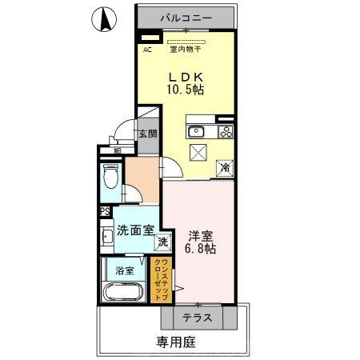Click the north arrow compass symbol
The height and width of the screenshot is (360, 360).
[104, 19]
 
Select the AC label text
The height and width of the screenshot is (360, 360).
[147, 50]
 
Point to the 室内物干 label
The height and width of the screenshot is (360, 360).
[186, 50]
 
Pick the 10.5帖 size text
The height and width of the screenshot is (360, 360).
[186, 90]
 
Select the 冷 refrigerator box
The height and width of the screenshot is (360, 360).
[226, 168]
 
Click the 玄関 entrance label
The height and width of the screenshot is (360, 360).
[147, 134]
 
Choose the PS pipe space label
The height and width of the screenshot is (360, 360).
[105, 211]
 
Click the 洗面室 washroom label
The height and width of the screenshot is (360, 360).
[135, 230]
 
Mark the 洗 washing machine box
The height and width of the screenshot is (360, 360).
[162, 240]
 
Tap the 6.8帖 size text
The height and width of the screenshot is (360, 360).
[201, 250]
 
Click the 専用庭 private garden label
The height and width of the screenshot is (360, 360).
[175, 342]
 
